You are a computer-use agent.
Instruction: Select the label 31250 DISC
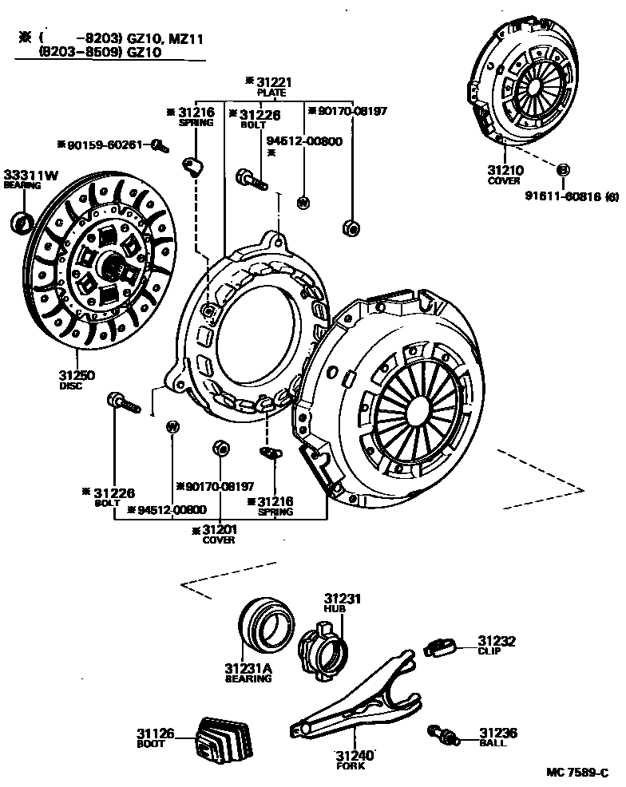(x=73, y=380)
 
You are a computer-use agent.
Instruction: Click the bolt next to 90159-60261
(x=159, y=145)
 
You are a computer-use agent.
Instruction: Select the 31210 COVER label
(x=505, y=174)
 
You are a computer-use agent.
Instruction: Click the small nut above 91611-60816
(x=562, y=170)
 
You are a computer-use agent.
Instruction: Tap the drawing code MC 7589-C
(x=578, y=773)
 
